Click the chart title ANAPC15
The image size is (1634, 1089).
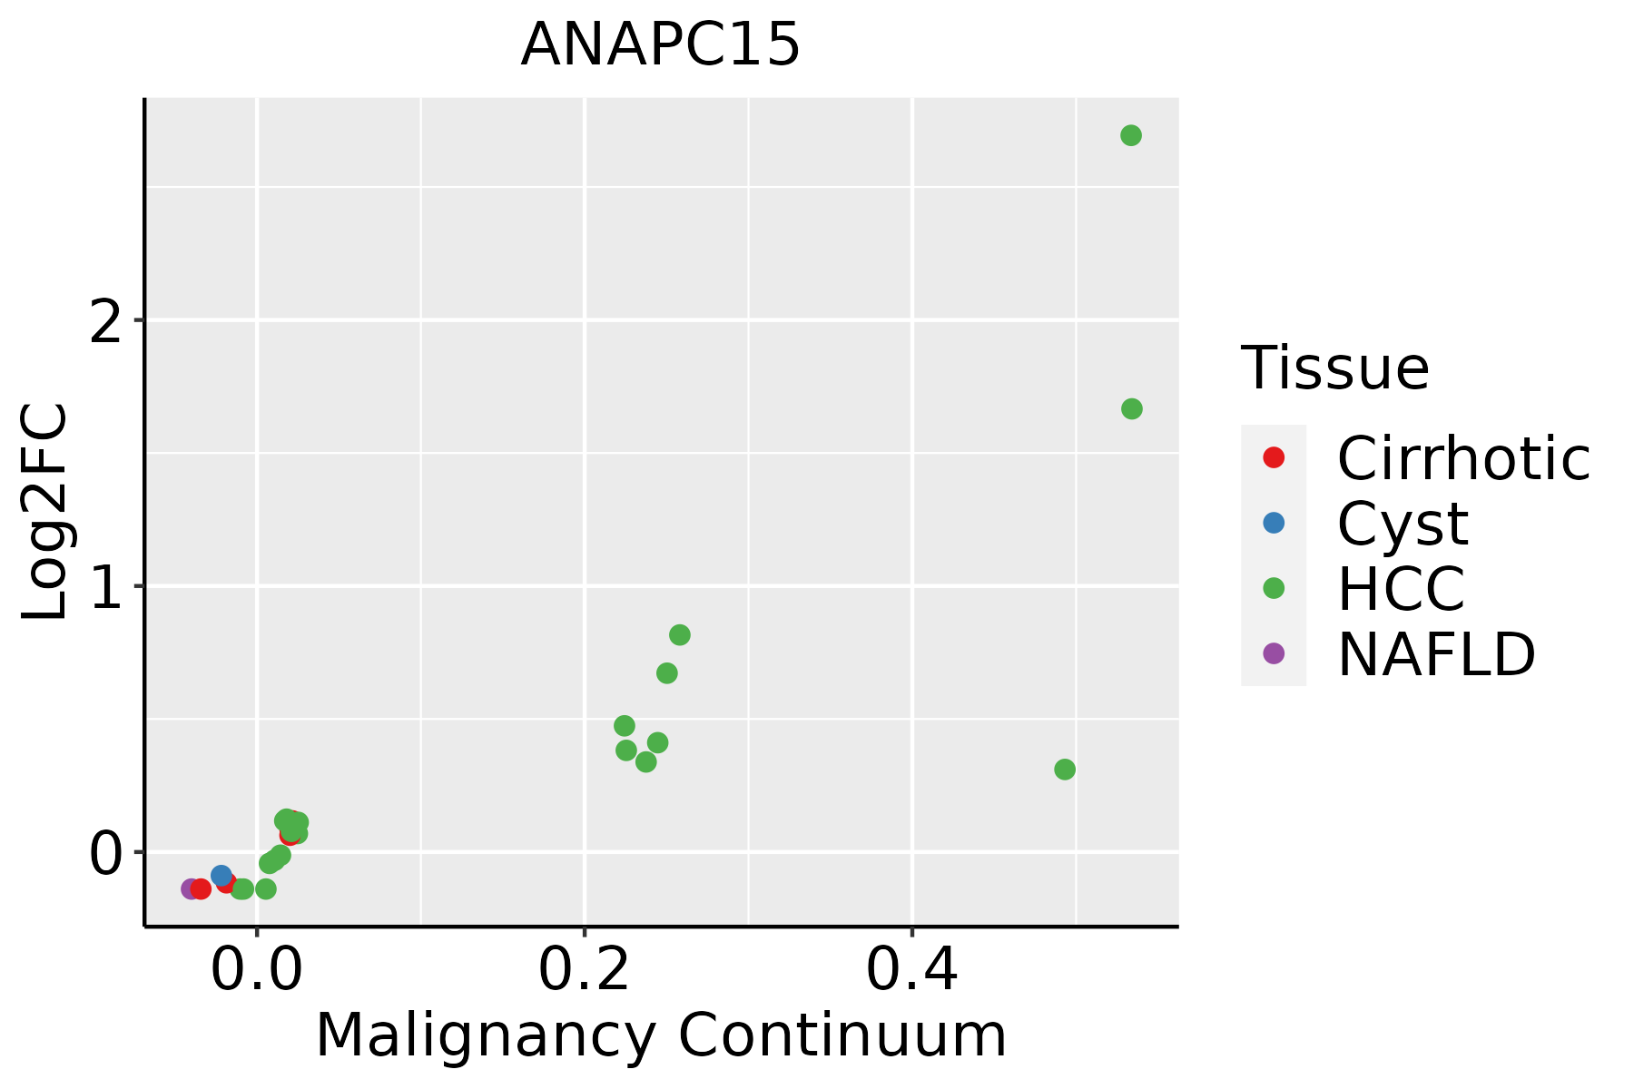click(x=660, y=44)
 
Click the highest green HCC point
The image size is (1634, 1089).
click(x=1130, y=135)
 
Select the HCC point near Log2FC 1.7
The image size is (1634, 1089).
click(x=1131, y=408)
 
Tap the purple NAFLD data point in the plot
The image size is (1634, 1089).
click(x=190, y=888)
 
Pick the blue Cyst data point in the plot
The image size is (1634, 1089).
click(x=221, y=875)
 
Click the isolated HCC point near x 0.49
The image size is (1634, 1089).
click(x=1065, y=770)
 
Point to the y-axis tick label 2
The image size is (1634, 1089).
click(x=106, y=321)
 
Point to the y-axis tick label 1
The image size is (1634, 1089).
click(x=106, y=587)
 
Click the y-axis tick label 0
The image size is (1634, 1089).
click(x=106, y=853)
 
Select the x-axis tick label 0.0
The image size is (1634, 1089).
click(x=257, y=971)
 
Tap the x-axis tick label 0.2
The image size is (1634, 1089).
click(x=585, y=971)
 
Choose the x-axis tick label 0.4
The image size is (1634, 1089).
click(x=911, y=971)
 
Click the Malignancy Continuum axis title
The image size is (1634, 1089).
click(x=660, y=1035)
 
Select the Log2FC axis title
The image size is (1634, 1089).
click(x=45, y=512)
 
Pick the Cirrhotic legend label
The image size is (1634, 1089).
click(x=1463, y=458)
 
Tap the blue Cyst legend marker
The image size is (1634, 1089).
click(x=1274, y=523)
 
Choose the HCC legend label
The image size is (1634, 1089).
click(x=1401, y=588)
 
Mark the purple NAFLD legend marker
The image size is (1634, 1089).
click(x=1274, y=652)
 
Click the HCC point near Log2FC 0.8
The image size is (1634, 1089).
click(x=679, y=634)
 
